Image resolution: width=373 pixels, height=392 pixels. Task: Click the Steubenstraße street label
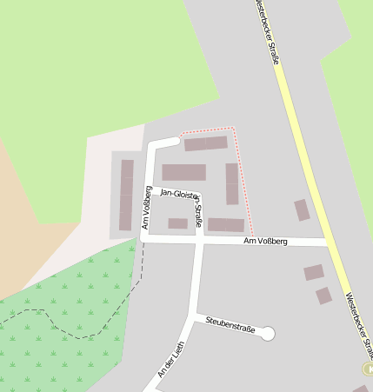click(230, 324)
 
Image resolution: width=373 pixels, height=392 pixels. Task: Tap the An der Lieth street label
click(173, 359)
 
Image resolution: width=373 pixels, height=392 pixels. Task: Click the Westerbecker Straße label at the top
click(268, 32)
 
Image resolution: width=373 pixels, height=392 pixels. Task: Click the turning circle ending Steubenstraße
click(268, 333)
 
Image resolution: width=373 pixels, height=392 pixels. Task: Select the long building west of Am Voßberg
click(127, 195)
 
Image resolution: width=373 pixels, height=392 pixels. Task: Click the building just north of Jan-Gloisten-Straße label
click(184, 172)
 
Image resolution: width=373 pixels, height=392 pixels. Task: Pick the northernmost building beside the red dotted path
click(205, 143)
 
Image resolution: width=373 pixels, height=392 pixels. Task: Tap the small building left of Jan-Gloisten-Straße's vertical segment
click(177, 223)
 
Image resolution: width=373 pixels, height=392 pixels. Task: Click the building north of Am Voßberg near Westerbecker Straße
click(302, 209)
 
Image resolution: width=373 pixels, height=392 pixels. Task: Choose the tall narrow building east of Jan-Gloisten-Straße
click(232, 183)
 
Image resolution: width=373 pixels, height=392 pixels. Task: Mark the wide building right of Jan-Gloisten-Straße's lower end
click(226, 224)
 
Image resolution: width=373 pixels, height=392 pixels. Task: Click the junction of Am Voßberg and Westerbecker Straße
click(329, 241)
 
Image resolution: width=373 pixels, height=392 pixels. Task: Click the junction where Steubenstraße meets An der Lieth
click(196, 316)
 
